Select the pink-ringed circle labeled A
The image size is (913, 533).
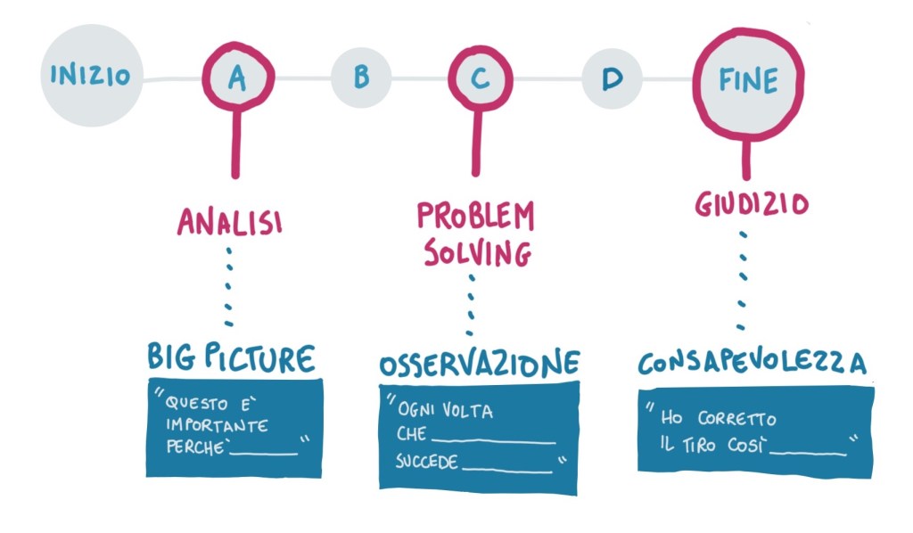click(236, 78)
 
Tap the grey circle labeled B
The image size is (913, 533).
click(361, 78)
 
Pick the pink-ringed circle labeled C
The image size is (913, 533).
click(480, 78)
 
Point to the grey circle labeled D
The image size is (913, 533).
click(612, 78)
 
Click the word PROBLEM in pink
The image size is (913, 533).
click(476, 217)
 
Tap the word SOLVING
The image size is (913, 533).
click(476, 253)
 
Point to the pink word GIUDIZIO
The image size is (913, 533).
click(751, 205)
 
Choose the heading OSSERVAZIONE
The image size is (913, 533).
click(479, 364)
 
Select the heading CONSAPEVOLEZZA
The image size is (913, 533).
click(752, 364)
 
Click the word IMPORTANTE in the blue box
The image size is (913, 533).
click(217, 427)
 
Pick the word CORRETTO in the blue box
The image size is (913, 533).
click(737, 419)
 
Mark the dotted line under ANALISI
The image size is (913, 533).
click(229, 285)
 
